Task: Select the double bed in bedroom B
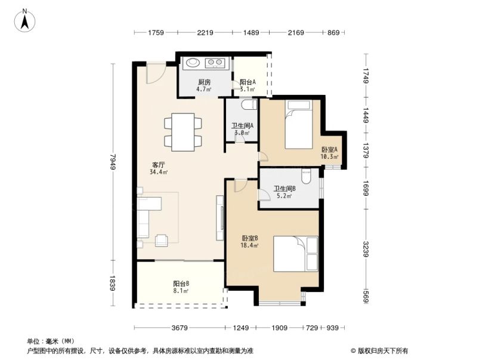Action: tap(296, 253)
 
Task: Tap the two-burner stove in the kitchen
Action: tap(216, 61)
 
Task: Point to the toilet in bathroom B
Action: tap(306, 177)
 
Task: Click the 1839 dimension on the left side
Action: tap(113, 284)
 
